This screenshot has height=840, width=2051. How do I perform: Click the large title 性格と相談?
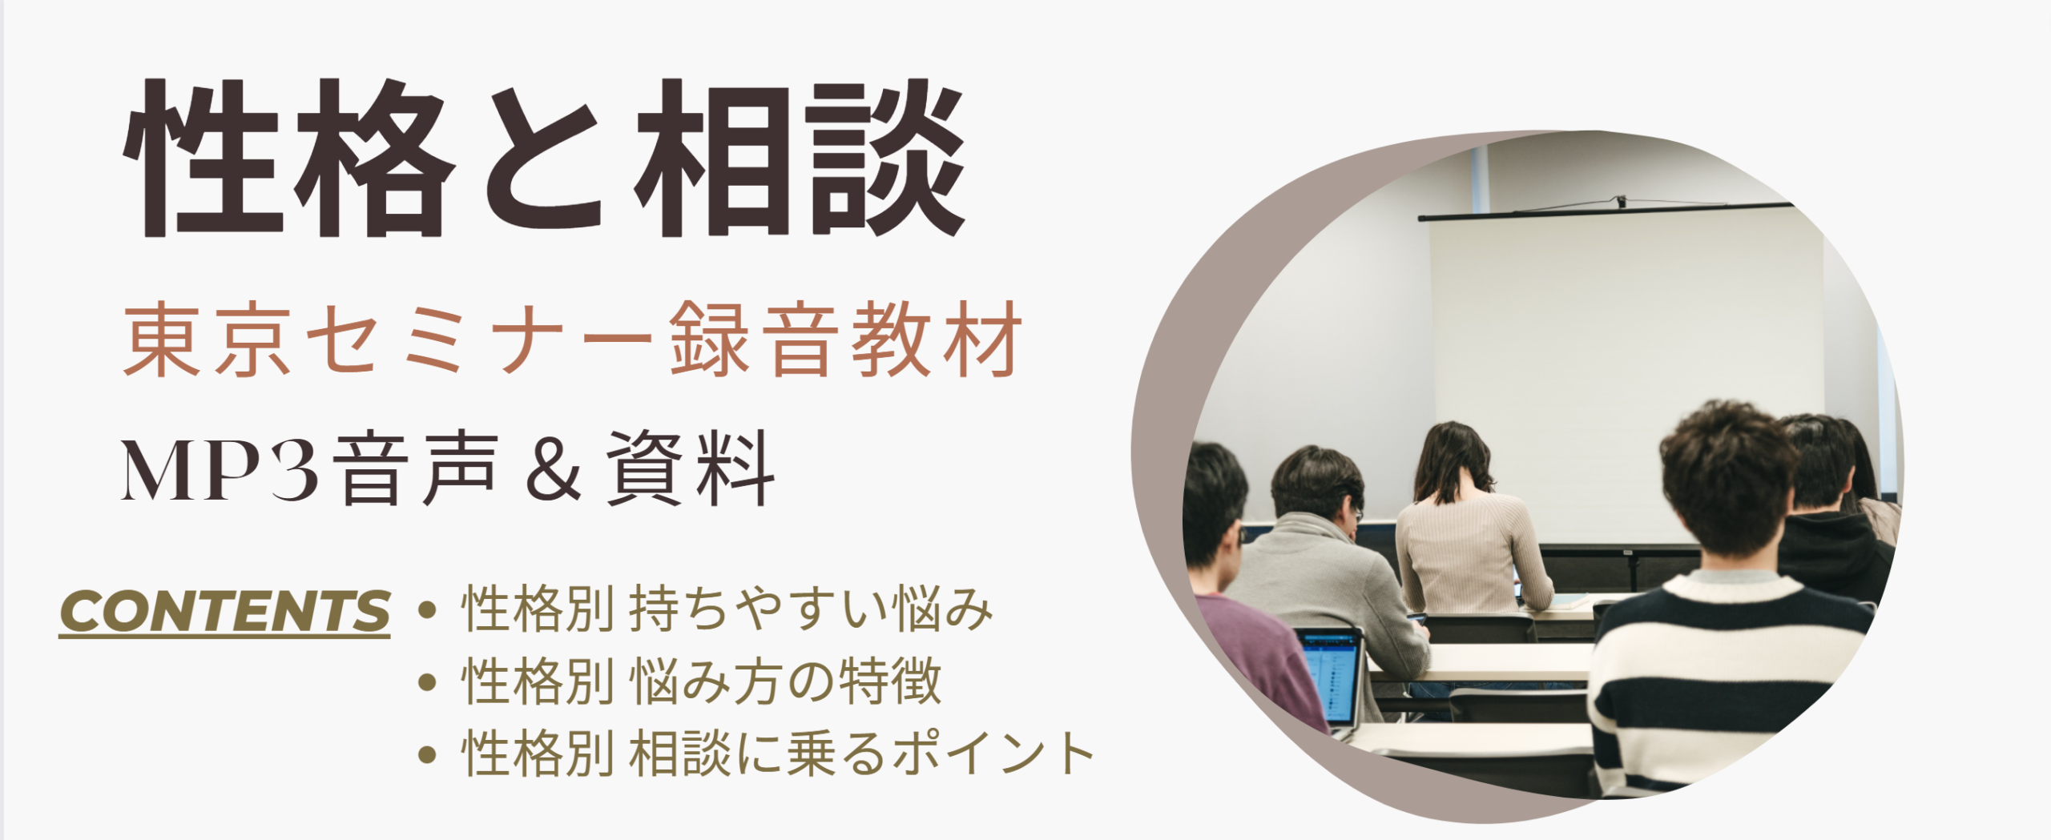pos(545,158)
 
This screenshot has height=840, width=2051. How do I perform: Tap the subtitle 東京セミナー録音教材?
pos(573,340)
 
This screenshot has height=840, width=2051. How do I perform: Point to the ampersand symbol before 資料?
pos(553,470)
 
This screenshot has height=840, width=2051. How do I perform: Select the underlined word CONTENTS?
pos(224,613)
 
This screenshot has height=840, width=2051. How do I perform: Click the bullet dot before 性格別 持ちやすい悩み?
pos(427,611)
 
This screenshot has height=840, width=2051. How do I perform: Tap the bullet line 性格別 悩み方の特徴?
pos(702,682)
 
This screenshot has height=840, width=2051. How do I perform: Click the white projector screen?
pos(1626,376)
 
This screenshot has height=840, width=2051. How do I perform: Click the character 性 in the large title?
pos(203,158)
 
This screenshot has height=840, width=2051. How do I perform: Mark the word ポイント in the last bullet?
pos(993,754)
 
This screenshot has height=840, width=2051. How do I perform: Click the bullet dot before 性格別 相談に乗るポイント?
pos(427,754)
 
